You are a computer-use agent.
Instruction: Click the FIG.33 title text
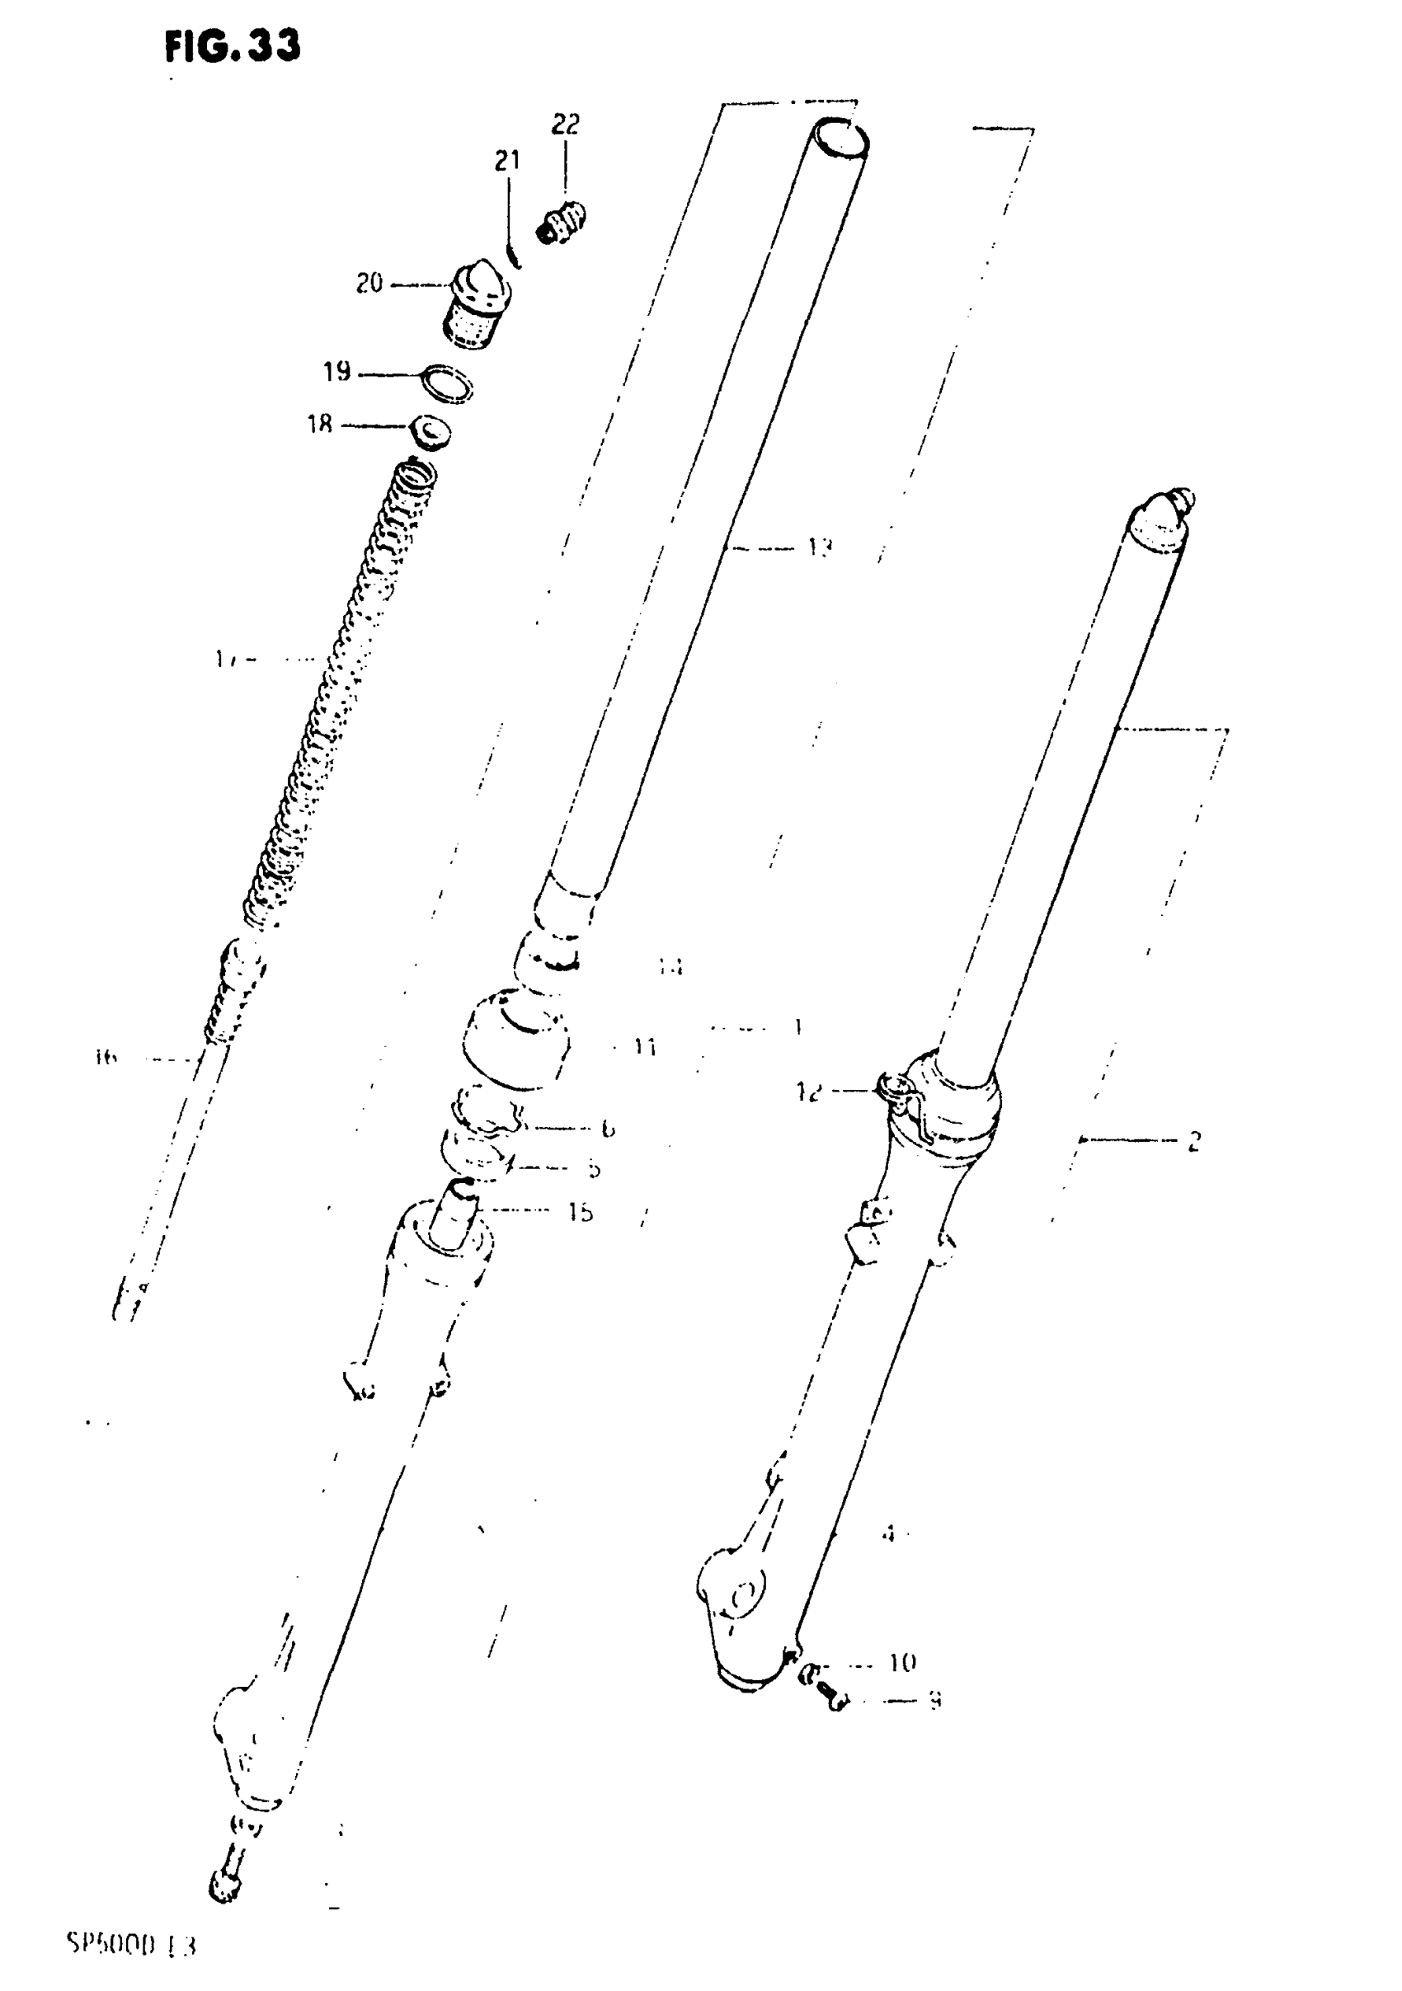pyautogui.click(x=233, y=46)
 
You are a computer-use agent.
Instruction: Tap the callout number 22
pyautogui.click(x=565, y=124)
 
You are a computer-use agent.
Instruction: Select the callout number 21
pyautogui.click(x=506, y=162)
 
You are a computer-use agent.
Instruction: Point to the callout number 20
pyautogui.click(x=369, y=284)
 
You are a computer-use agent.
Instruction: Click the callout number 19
pyautogui.click(x=336, y=372)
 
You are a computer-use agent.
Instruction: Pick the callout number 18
pyautogui.click(x=319, y=425)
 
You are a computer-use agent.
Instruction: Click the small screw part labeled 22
pyautogui.click(x=562, y=222)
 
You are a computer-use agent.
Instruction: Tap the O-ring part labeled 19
pyautogui.click(x=447, y=383)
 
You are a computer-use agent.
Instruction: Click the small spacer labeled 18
pyautogui.click(x=430, y=432)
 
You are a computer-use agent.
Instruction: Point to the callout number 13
pyautogui.click(x=820, y=547)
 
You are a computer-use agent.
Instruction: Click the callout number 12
pyautogui.click(x=807, y=1092)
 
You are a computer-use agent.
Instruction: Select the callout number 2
pyautogui.click(x=1194, y=1141)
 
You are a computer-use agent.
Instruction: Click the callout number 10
pyautogui.click(x=902, y=1661)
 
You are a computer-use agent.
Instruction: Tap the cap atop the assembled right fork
pyautogui.click(x=1161, y=520)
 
